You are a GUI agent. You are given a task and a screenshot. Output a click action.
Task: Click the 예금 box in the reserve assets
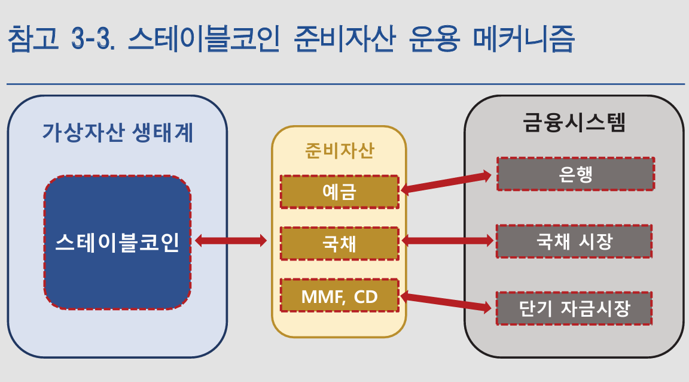[x=339, y=192]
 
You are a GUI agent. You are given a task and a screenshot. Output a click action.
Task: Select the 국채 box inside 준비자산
[x=339, y=244]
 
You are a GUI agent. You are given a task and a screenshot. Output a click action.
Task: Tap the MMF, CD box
[x=339, y=295]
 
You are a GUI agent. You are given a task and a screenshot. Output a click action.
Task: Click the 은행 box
[x=575, y=174]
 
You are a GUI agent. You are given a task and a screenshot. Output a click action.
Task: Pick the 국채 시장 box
[x=574, y=241]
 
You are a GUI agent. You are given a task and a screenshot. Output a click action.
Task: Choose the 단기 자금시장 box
[x=574, y=308]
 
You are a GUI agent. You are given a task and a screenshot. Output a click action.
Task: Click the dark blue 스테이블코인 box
[x=117, y=242]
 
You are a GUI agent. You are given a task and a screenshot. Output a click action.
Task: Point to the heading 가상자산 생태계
[x=118, y=132]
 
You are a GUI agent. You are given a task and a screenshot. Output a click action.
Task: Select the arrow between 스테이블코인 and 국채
[x=231, y=241]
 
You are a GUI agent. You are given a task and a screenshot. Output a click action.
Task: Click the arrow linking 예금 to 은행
[x=447, y=182]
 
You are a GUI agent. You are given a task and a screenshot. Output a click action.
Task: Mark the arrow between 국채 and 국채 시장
[x=447, y=241]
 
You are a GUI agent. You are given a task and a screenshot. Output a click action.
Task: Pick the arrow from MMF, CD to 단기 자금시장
[x=447, y=302]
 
